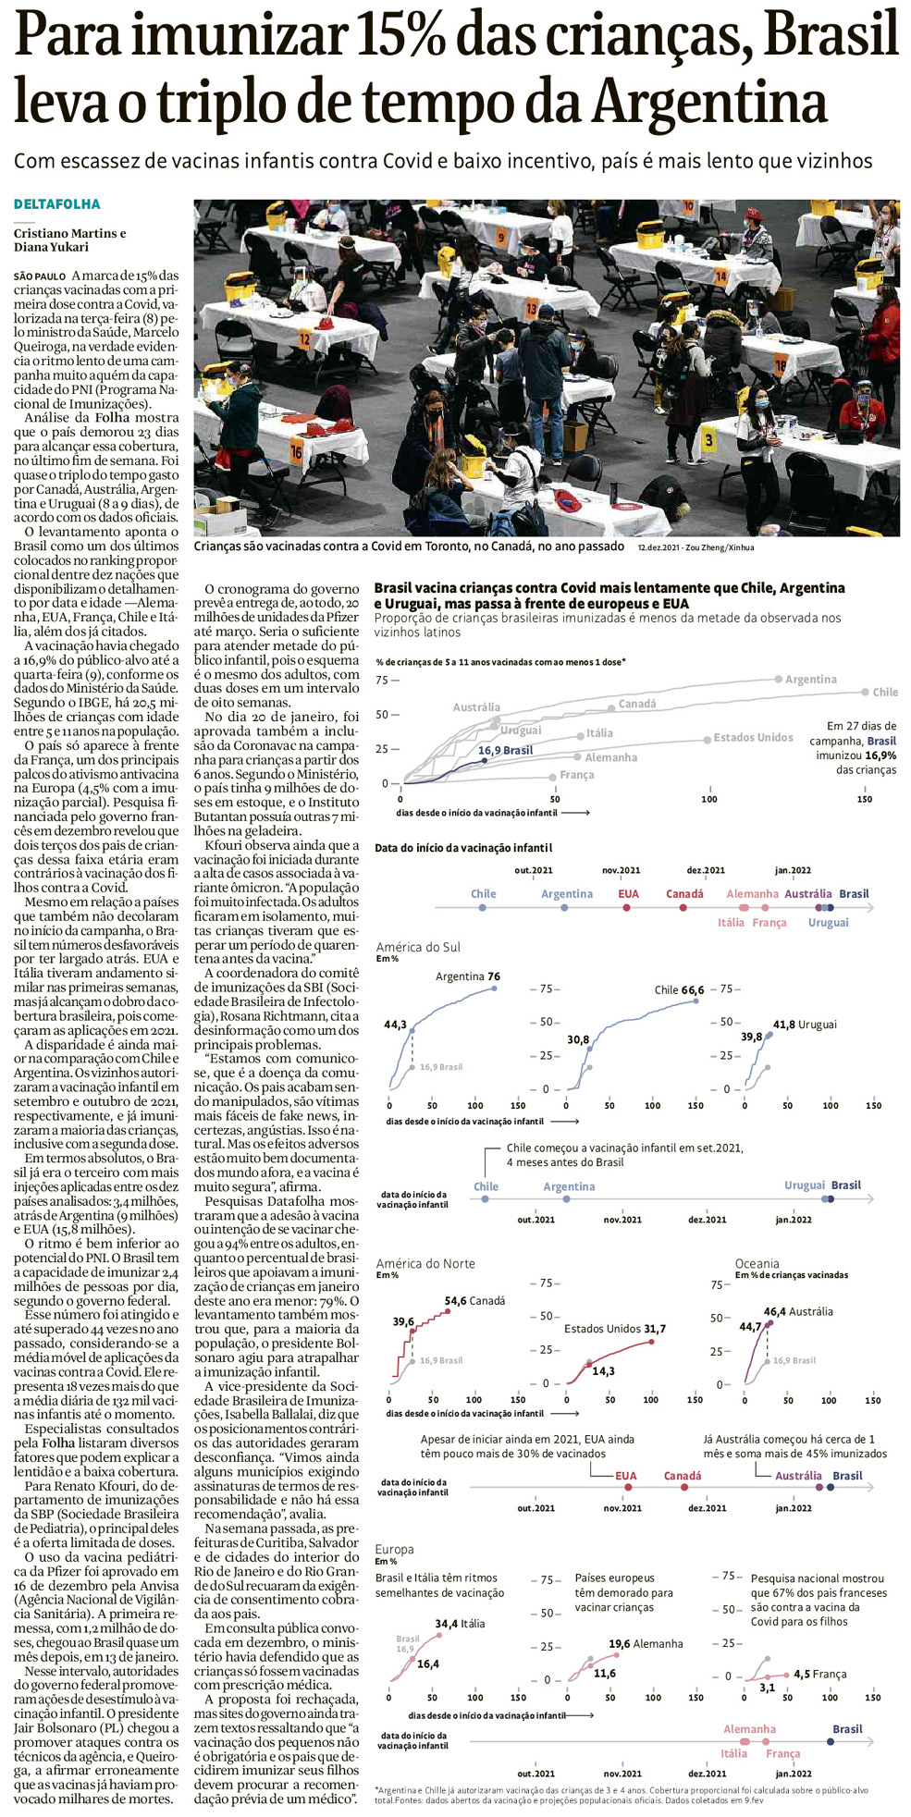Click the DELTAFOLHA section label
pos(56,204)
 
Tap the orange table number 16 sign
pos(296,452)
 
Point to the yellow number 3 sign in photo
pos(708,439)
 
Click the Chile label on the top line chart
pos(884,692)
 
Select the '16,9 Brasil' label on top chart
pos(505,750)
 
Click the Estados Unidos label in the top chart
pos(753,737)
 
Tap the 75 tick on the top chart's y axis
pos(382,680)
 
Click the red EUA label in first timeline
pos(628,894)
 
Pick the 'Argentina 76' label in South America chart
pos(467,976)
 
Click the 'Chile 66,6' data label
pos(679,989)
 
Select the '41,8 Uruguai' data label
pos(805,1025)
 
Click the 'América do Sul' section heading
pos(418,947)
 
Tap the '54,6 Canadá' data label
pos(474,1300)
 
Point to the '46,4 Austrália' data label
pos(798,1311)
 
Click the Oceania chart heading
pos(757,1263)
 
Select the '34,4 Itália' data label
pos(460,1623)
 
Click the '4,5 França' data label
pos(819,1674)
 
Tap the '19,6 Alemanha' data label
pos(646,1643)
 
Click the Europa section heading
pos(394,1549)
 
